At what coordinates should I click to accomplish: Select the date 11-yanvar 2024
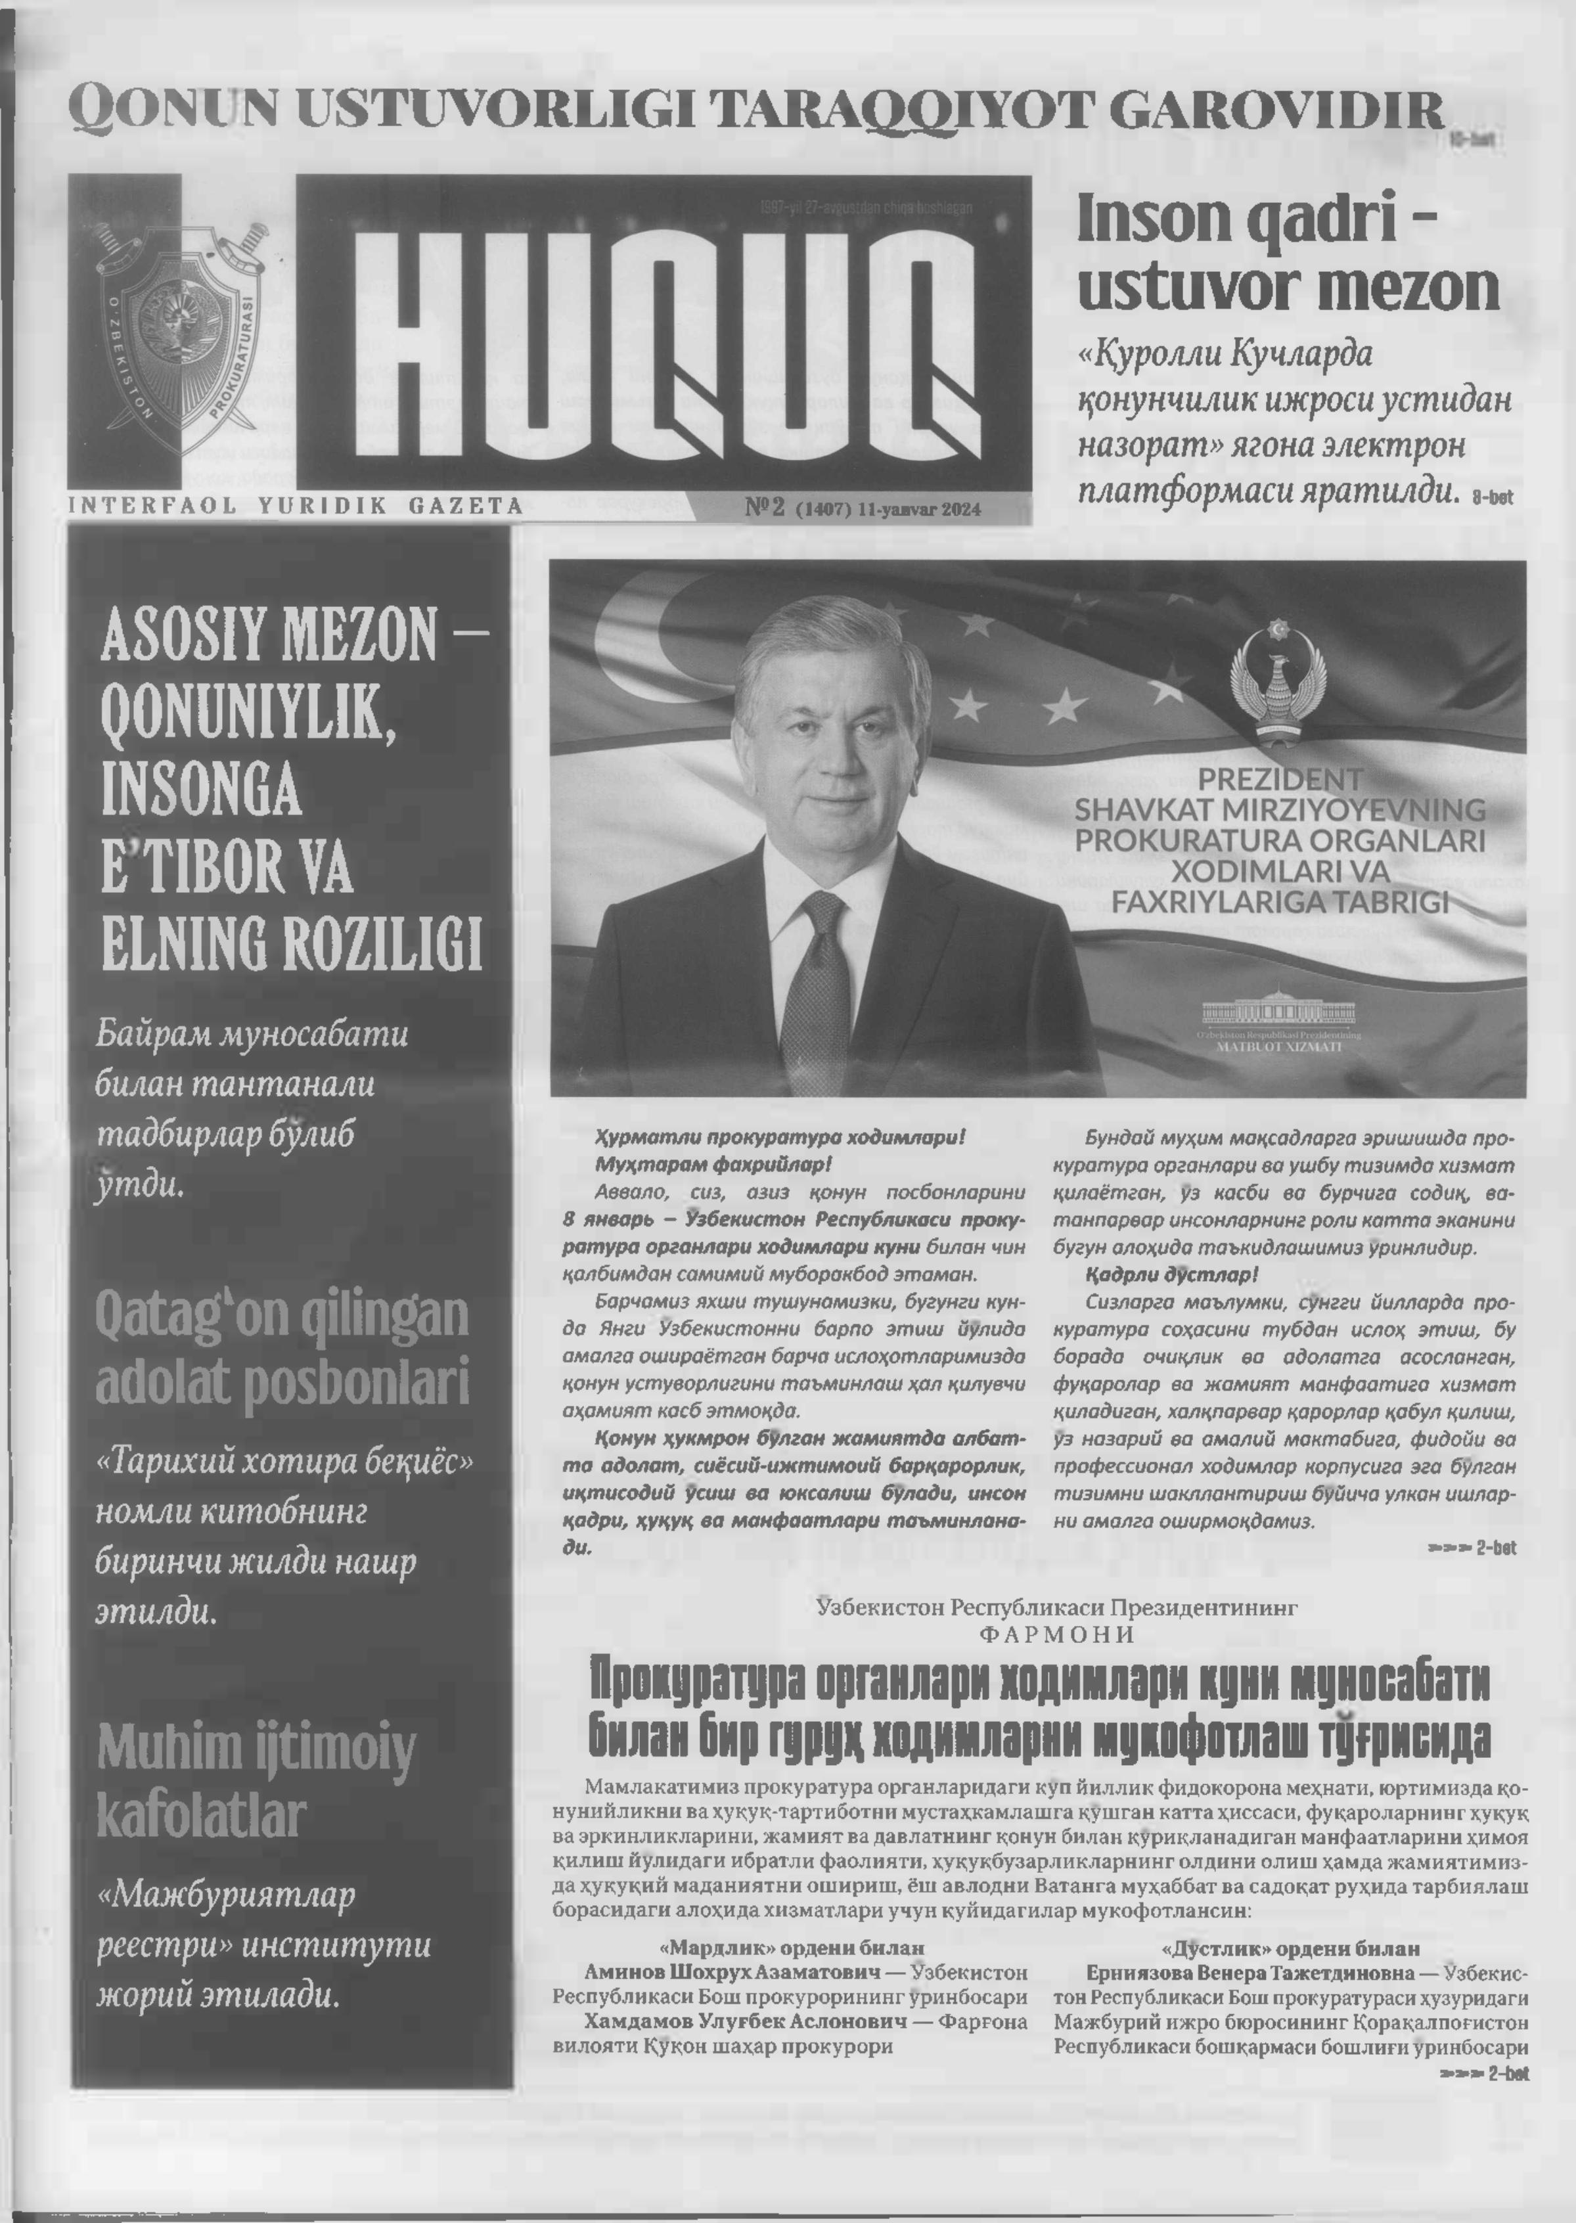click(919, 509)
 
